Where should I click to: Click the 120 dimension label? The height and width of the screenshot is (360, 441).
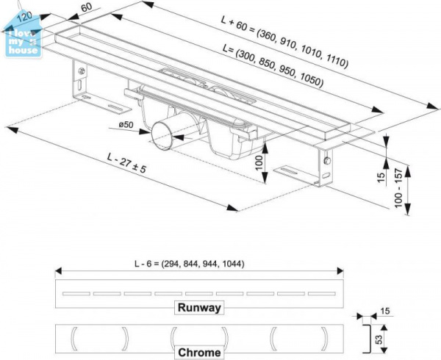pyautogui.click(x=24, y=17)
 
